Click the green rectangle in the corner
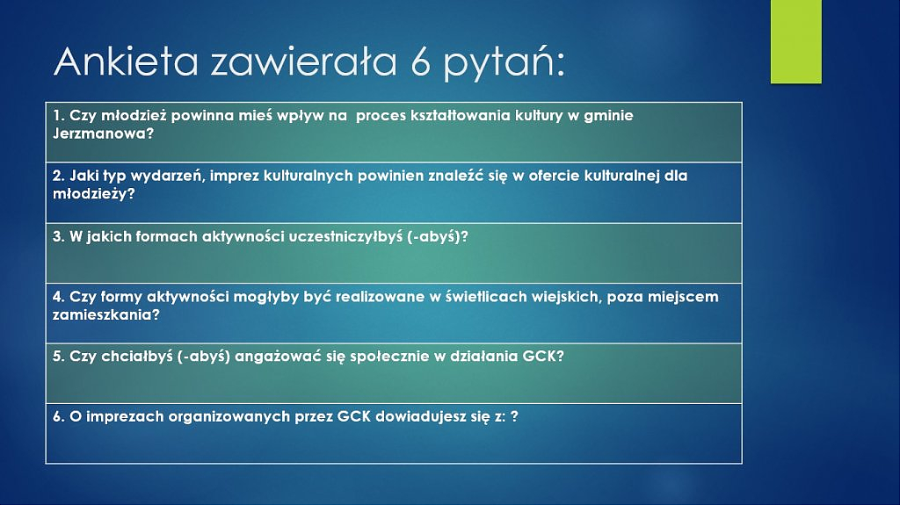click(x=796, y=41)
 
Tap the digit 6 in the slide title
click(x=420, y=62)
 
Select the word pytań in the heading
click(x=498, y=64)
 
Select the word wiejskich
click(x=565, y=297)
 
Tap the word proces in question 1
click(x=381, y=117)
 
